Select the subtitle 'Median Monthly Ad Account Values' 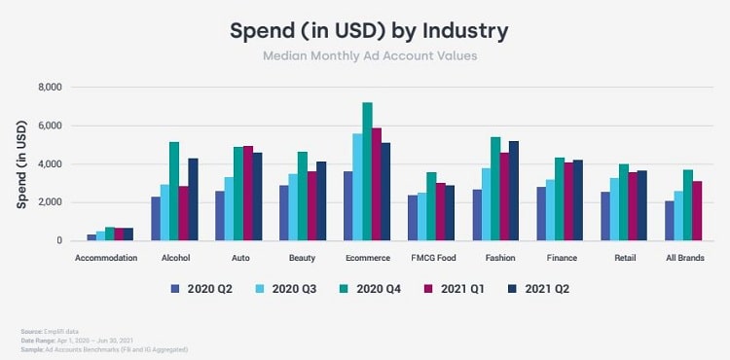pyautogui.click(x=369, y=56)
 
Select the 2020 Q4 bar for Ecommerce pyautogui.click(x=367, y=171)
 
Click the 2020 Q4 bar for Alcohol pyautogui.click(x=174, y=191)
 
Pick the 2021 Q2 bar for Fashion pyautogui.click(x=512, y=191)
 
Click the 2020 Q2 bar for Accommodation pyautogui.click(x=91, y=237)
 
